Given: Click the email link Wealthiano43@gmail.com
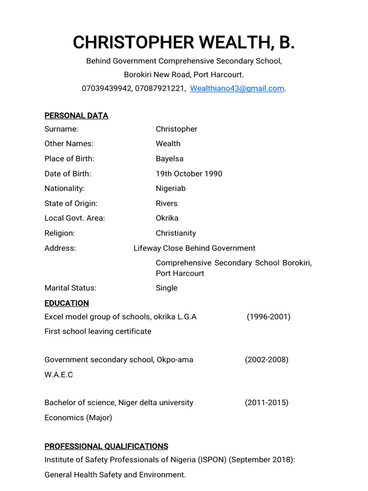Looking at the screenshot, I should (237, 88).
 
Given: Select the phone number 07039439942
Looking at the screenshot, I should (107, 88).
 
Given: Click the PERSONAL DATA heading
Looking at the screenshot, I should (76, 116).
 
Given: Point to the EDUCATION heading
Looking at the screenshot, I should (67, 303).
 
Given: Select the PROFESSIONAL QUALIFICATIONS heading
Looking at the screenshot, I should (106, 446).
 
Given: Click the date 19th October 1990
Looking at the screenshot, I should (189, 174).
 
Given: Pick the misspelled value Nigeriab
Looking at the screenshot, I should (171, 188).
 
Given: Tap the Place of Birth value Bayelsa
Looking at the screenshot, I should (170, 159).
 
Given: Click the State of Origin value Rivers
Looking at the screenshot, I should (166, 203).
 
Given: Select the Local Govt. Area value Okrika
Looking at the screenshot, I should (167, 218).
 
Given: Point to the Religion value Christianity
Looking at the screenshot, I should (176, 233).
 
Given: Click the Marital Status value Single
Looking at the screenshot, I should (166, 288).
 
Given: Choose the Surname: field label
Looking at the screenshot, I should (61, 129).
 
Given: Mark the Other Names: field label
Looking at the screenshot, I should (69, 143).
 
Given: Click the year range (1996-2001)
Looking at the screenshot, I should (268, 316).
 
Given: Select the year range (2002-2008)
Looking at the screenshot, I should (266, 360).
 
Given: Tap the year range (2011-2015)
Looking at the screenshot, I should (266, 402).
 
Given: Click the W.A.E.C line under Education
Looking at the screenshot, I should (58, 374).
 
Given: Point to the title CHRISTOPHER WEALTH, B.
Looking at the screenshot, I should (184, 43).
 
